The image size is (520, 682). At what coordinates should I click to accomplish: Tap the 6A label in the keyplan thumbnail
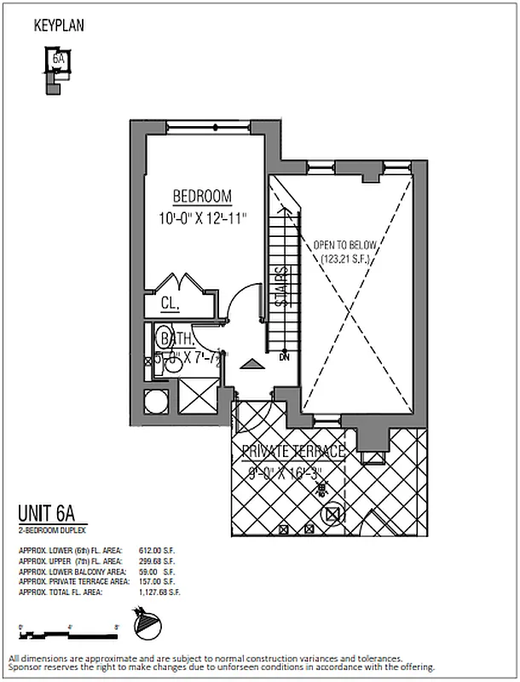[58, 60]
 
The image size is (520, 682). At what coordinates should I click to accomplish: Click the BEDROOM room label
[202, 197]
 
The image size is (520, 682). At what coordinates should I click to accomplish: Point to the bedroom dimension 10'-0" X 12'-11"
[202, 218]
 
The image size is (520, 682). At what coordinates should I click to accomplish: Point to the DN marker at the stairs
[284, 357]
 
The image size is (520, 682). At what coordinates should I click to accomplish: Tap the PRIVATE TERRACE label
[293, 452]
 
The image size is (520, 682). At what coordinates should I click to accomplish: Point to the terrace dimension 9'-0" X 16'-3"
[293, 471]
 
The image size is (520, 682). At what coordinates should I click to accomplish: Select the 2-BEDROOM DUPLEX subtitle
[45, 529]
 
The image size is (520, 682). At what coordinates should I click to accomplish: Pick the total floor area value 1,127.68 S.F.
[158, 590]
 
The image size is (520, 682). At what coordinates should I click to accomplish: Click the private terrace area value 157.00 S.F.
[158, 581]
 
